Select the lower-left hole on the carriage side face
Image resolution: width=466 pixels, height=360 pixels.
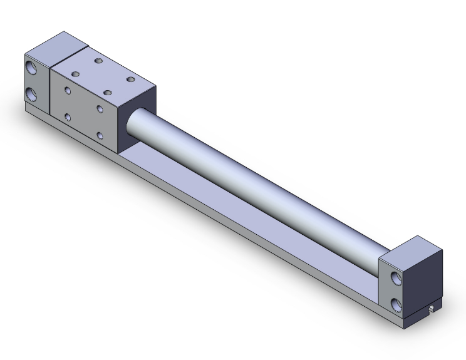point(68,116)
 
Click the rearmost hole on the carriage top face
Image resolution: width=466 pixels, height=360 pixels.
point(98,61)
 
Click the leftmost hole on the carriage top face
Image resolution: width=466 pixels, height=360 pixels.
point(75,74)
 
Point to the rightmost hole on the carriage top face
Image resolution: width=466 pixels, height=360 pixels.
point(131,79)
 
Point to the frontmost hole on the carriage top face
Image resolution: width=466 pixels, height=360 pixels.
point(107,93)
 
